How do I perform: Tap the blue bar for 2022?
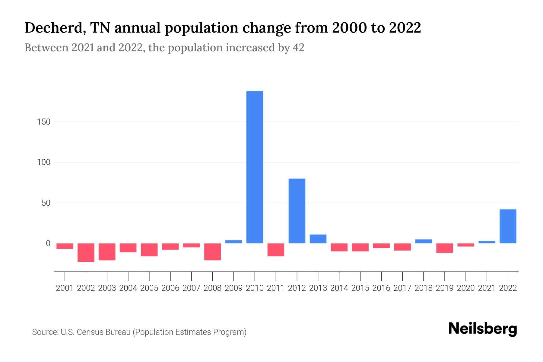point(508,226)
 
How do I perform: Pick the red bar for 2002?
point(86,252)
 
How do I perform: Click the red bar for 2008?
point(212,252)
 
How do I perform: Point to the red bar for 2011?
point(276,250)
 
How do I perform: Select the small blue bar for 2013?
point(318,239)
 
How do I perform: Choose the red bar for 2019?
point(444,248)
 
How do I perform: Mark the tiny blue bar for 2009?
point(233,242)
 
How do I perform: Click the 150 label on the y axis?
point(44,122)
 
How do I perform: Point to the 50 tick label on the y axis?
point(46,203)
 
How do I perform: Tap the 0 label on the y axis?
point(48,243)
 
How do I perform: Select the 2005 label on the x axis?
point(149,288)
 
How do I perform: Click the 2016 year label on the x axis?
point(381,288)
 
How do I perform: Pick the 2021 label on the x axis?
point(487,288)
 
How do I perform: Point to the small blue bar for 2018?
point(423,241)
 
